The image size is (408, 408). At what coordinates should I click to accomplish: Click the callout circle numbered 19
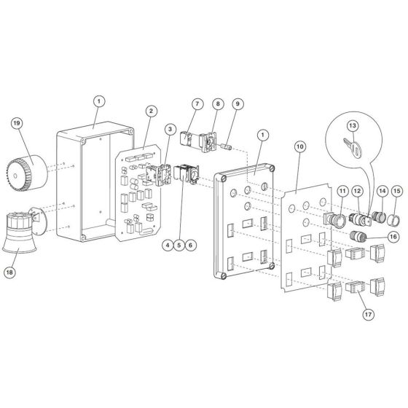click(x=16, y=124)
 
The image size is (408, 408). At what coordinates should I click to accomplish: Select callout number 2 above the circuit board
click(x=150, y=111)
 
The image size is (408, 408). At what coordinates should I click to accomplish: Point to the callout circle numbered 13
click(x=353, y=126)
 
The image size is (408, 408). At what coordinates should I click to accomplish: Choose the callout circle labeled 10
click(x=300, y=147)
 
